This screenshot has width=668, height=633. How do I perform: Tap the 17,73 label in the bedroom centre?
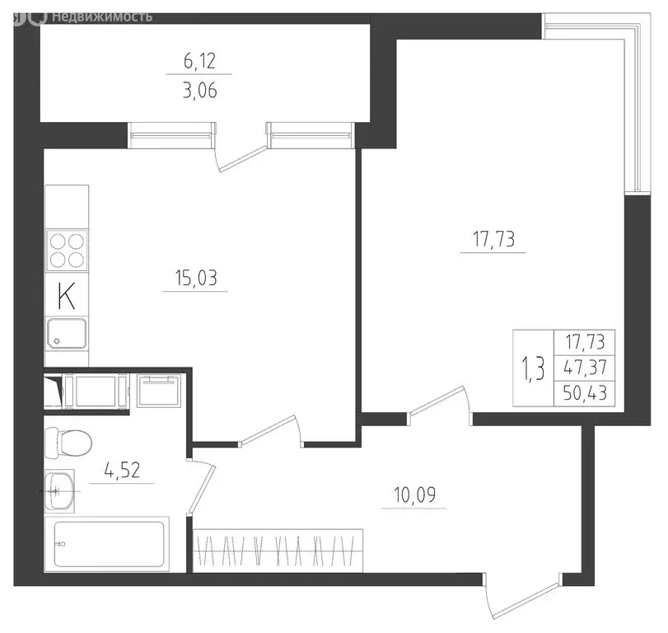pyautogui.click(x=493, y=240)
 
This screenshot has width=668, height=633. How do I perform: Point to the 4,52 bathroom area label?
pyautogui.click(x=120, y=471)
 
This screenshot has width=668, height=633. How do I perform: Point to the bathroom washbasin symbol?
pyautogui.click(x=58, y=491)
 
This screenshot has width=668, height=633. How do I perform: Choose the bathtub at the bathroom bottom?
pyautogui.click(x=111, y=543)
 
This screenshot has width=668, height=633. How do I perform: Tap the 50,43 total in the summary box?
pyautogui.click(x=586, y=393)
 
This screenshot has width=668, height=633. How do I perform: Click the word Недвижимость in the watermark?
pyautogui.click(x=100, y=16)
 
